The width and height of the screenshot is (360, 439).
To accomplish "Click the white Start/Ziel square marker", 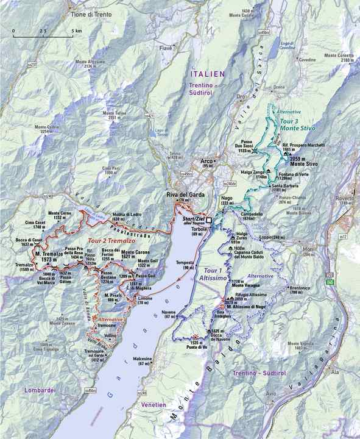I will click(x=208, y=220).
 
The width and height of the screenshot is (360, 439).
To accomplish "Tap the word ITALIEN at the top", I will click(x=206, y=73).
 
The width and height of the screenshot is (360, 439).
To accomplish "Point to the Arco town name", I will click(x=207, y=161).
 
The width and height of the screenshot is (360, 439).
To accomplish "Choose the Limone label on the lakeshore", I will click(x=145, y=297).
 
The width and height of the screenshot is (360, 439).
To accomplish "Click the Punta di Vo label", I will click(x=200, y=346).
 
